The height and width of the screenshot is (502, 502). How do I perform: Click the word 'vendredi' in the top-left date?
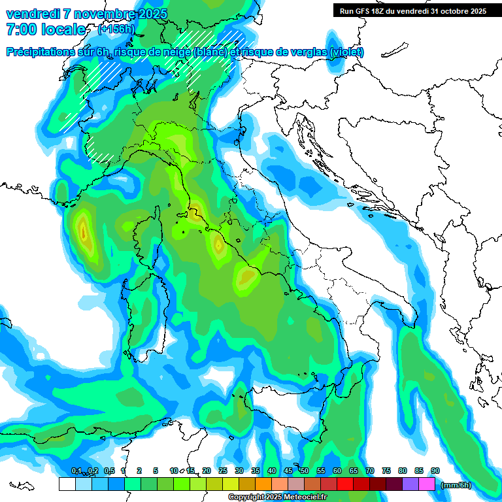(x=33, y=14)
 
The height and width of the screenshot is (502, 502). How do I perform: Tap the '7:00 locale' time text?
(x=46, y=29)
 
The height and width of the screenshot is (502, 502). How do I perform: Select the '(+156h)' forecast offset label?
(x=116, y=29)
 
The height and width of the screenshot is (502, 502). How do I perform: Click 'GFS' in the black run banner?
(x=365, y=11)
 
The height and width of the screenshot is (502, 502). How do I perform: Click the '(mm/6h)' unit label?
(x=456, y=485)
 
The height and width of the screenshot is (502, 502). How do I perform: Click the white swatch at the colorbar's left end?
(x=67, y=484)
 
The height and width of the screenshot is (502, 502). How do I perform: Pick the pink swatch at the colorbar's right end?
(x=427, y=484)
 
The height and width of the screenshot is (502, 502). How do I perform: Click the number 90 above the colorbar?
(x=435, y=471)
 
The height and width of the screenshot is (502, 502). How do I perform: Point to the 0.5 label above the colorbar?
(x=109, y=471)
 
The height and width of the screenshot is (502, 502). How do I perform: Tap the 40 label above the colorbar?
(x=271, y=471)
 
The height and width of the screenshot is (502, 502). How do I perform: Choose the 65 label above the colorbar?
(x=353, y=471)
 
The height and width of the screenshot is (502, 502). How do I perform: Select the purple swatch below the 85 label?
(x=410, y=484)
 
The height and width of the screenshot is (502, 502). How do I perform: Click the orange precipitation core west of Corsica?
(x=83, y=230)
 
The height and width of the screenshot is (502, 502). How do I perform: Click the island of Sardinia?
(x=139, y=314)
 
